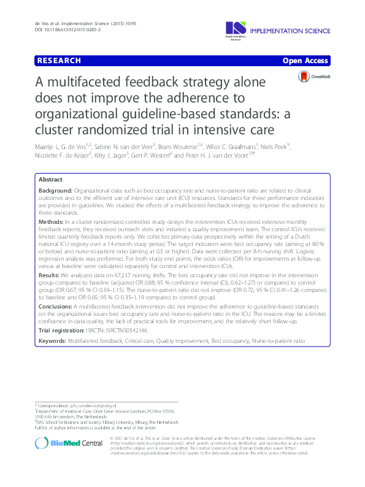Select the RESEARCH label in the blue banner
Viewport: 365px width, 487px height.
pos(59,61)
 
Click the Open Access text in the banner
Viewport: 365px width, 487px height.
pos(307,61)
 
